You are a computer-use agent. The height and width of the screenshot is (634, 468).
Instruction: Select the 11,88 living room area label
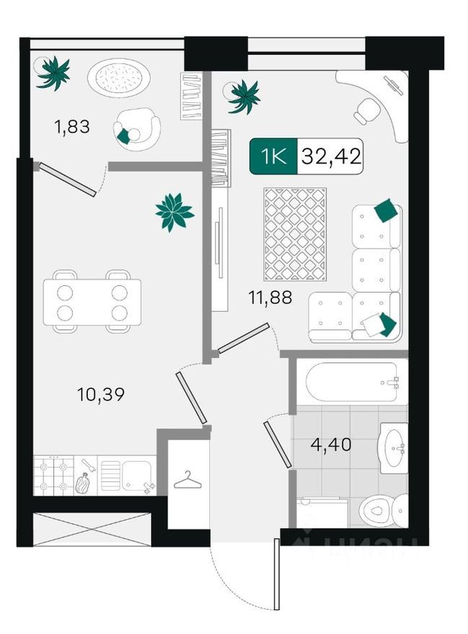(x=271, y=297)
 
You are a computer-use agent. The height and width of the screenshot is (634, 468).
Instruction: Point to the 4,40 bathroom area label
(x=330, y=445)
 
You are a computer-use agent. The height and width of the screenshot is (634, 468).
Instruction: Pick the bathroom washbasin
(x=393, y=447)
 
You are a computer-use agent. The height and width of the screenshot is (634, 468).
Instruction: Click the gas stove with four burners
(x=55, y=475)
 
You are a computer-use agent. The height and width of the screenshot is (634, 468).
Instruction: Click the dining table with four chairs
(x=92, y=301)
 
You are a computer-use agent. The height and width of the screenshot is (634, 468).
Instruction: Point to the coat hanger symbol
(x=187, y=478)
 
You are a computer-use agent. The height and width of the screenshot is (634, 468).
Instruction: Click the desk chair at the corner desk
(x=368, y=110)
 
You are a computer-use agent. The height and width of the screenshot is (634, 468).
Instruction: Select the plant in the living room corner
(x=243, y=96)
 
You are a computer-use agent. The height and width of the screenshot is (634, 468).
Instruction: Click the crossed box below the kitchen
(x=92, y=530)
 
